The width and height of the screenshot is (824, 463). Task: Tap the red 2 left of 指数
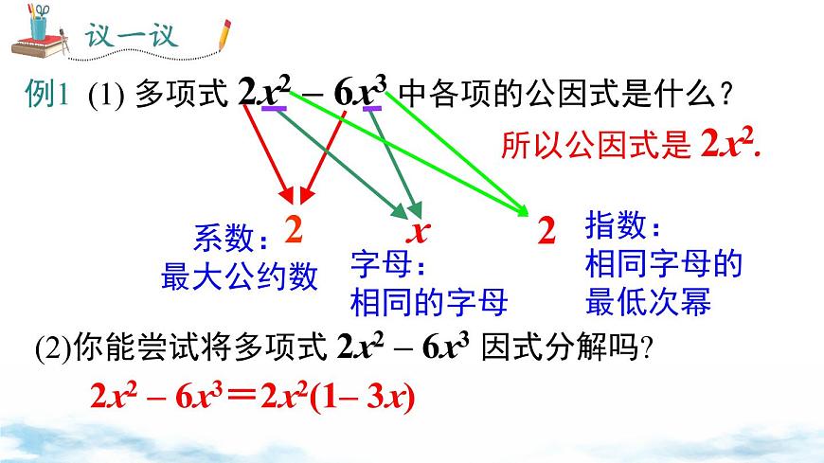(x=546, y=231)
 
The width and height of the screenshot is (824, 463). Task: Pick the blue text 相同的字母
(x=428, y=301)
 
